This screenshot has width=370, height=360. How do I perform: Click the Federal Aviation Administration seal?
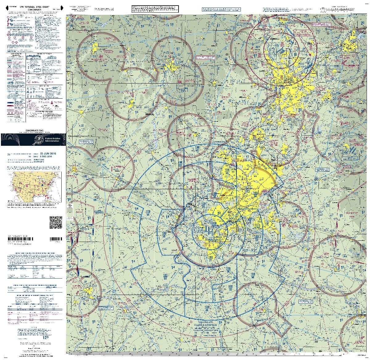point(39,140)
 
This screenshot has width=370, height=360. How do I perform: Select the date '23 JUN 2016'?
point(47,153)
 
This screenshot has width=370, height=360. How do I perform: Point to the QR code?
point(56,223)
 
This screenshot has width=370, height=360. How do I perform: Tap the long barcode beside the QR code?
point(56,239)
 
